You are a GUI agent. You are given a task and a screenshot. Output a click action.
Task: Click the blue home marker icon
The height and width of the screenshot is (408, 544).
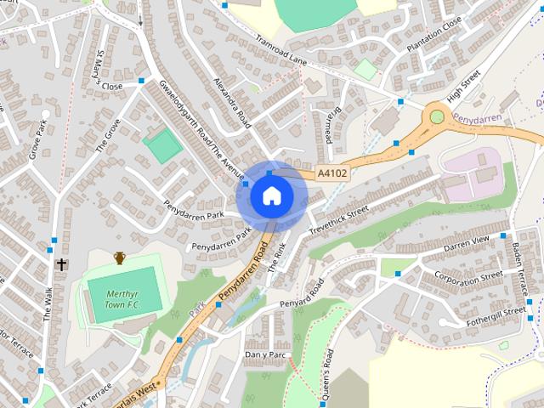pos(271,195)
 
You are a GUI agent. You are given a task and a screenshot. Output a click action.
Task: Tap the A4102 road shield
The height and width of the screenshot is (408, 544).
pos(331,173)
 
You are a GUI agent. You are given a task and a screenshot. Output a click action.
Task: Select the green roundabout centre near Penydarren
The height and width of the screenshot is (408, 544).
pos(437,116)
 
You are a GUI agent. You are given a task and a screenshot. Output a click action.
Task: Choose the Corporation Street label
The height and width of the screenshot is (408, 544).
pos(468,276)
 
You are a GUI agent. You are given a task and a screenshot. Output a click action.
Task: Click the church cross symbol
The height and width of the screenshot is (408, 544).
pos(61,264)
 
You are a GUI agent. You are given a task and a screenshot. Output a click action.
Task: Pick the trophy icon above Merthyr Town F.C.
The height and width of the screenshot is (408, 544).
pos(120,257)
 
